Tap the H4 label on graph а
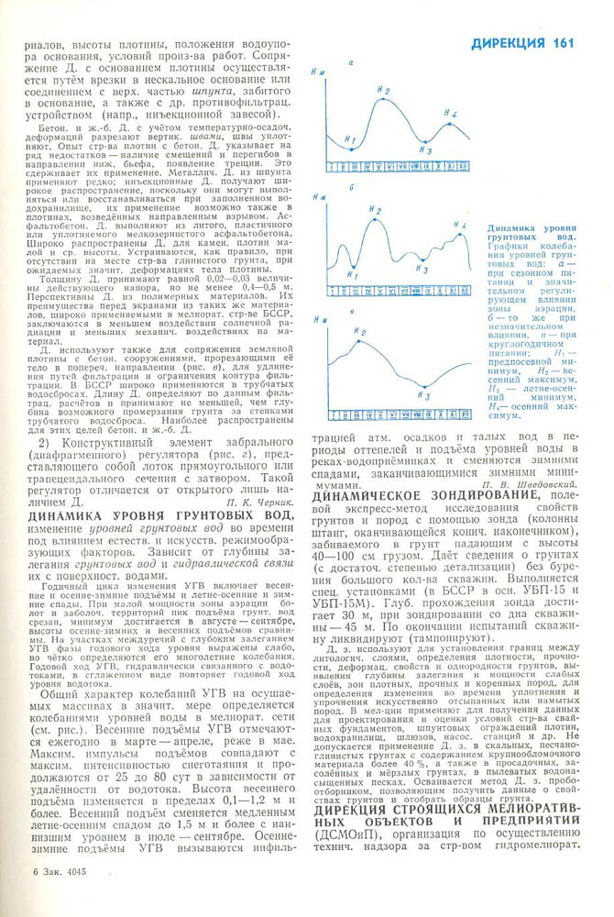[450, 114]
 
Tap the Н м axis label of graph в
[320, 320]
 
